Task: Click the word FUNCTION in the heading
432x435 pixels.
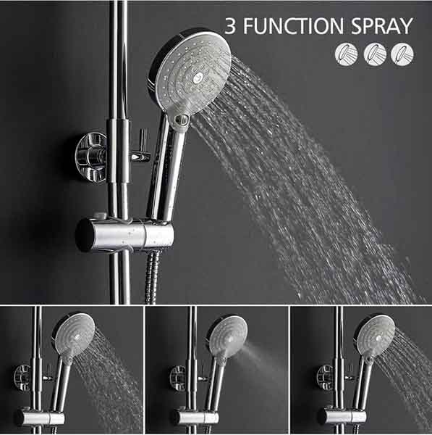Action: coord(293,26)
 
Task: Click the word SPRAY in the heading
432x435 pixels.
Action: coord(382,26)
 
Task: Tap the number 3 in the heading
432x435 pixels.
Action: coord(230,26)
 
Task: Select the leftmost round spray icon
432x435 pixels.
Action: coord(346,54)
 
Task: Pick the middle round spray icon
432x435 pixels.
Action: coord(375,54)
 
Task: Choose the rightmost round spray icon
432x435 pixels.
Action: coord(402,54)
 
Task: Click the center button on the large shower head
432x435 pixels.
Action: coord(198,78)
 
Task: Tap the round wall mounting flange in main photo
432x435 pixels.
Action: coord(91,157)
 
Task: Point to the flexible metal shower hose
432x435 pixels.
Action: coord(152,278)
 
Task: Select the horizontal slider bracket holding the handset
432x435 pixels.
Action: coord(124,235)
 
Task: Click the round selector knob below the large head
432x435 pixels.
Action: coord(182,120)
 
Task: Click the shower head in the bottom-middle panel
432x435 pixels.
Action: coord(228,336)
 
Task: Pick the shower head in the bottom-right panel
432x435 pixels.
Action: coord(376,335)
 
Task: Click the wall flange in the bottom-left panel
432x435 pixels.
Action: coord(22,378)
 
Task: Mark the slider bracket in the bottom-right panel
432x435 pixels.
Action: coord(342,416)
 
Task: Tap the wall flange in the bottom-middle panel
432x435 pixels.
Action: coord(178,378)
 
